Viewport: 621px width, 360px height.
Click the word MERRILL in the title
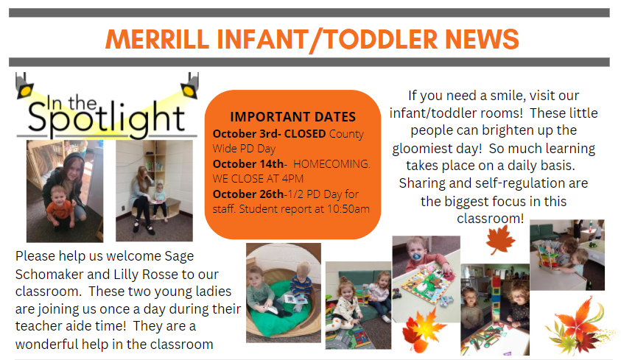click(x=157, y=39)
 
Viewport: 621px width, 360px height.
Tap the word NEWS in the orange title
click(x=482, y=39)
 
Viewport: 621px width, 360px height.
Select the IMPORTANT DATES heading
click(x=293, y=117)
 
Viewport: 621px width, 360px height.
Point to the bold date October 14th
click(x=248, y=163)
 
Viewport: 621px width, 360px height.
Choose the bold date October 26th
click(x=248, y=194)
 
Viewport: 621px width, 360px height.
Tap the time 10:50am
click(x=348, y=209)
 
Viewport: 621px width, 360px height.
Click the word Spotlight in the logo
click(x=106, y=118)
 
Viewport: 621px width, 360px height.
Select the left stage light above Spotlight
click(x=24, y=87)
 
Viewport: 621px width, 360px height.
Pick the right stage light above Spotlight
click(x=190, y=86)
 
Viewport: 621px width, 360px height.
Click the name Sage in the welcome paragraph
click(x=179, y=256)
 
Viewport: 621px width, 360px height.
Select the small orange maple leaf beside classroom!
click(x=500, y=240)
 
